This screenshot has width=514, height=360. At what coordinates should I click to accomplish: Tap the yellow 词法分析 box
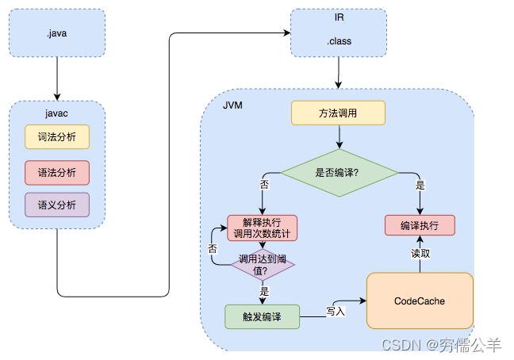56,137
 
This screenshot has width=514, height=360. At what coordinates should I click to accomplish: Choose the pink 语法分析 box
56,171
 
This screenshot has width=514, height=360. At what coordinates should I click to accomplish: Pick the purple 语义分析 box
56,205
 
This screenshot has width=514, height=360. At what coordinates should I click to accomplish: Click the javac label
56,113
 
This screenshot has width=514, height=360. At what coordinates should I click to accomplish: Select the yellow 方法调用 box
338,113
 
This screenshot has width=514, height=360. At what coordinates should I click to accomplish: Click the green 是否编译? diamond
339,172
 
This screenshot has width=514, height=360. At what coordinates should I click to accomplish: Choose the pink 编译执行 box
420,225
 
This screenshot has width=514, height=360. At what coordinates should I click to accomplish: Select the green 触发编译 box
262,316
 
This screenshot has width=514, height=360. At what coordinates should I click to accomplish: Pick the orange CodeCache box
419,301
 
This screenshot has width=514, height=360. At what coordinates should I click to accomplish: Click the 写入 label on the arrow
336,311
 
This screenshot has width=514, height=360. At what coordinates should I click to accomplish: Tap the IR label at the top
339,17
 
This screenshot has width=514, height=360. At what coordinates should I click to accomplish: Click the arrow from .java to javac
57,81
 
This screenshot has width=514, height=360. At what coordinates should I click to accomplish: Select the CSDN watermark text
441,345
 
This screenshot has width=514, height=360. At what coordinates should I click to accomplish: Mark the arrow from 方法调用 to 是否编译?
339,136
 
